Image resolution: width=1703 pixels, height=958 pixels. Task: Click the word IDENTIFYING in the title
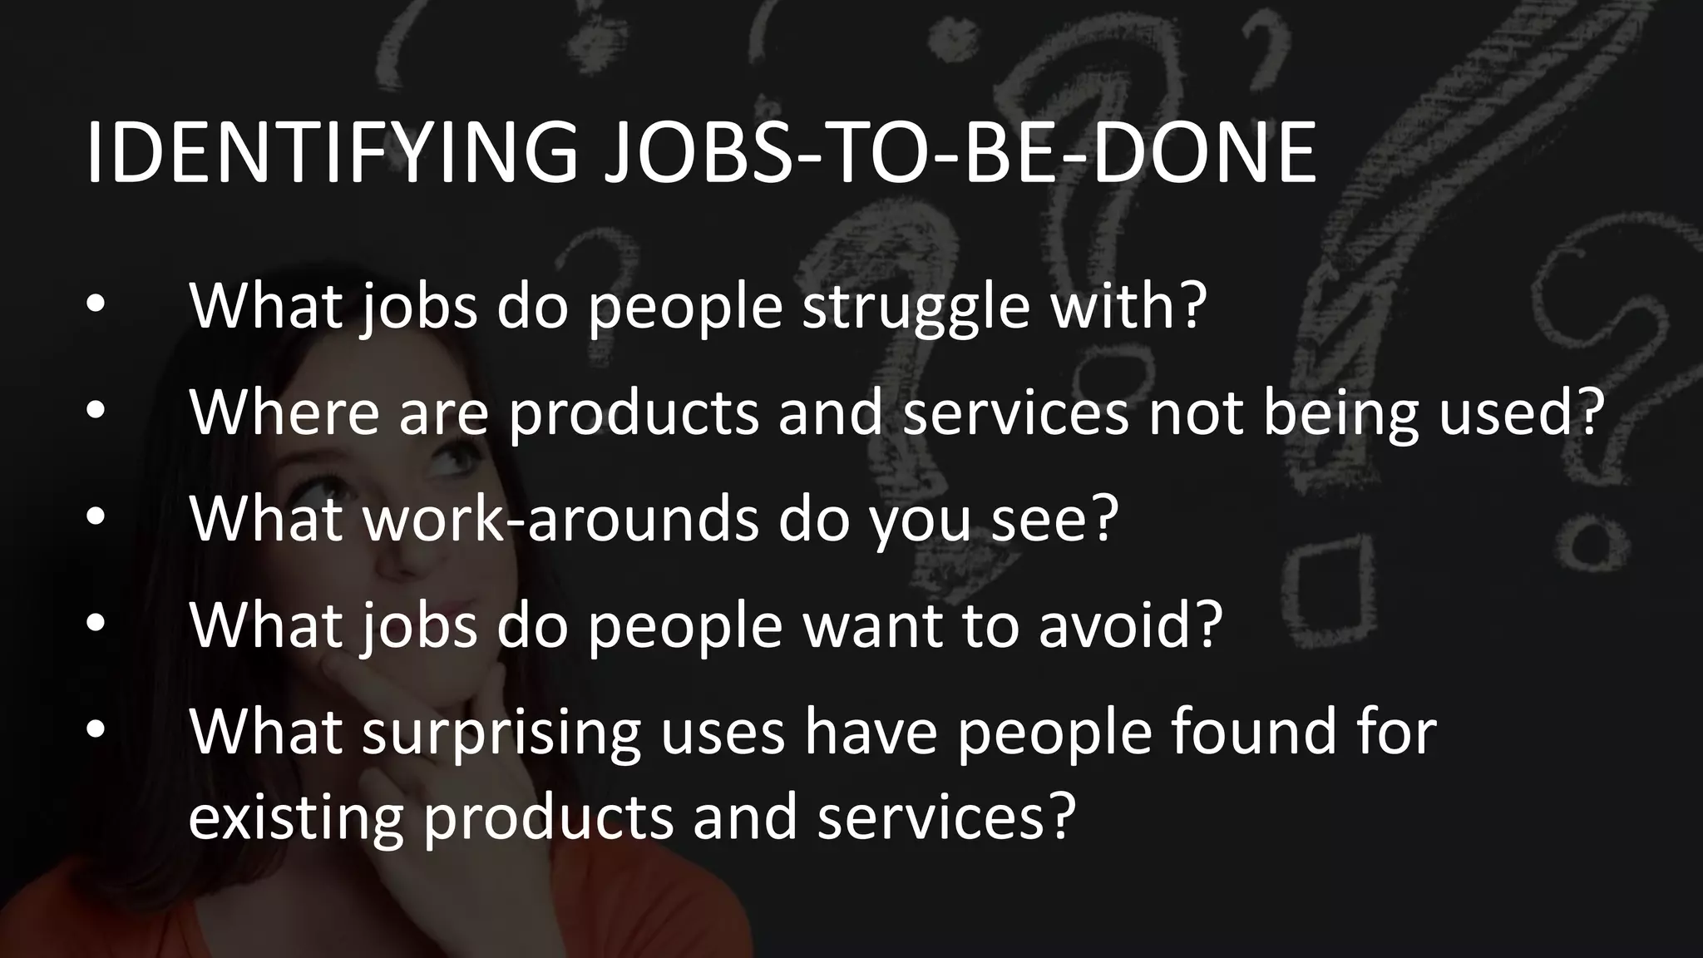coord(333,153)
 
